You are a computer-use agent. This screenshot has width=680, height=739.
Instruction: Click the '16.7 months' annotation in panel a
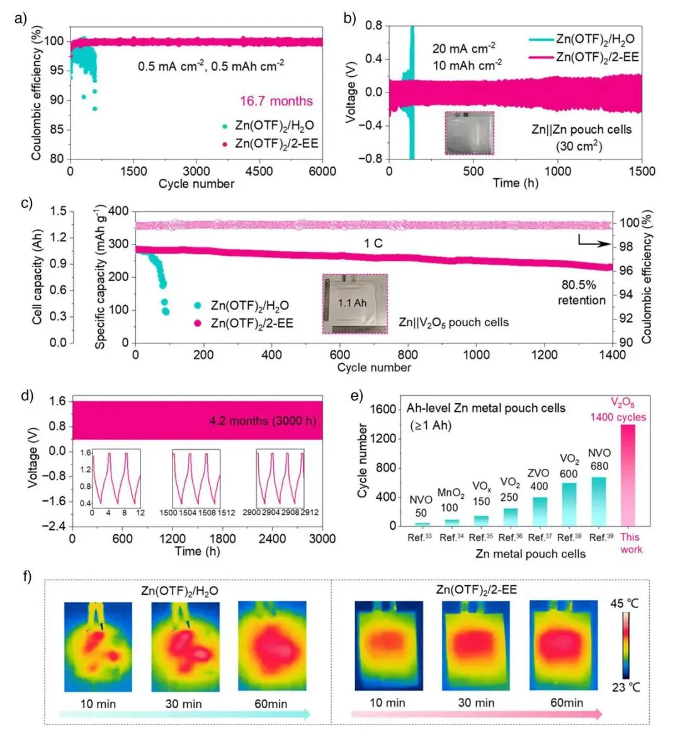point(276,101)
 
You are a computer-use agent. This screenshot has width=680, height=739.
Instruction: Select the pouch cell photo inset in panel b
point(469,133)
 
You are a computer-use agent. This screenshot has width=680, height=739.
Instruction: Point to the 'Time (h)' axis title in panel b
point(514,183)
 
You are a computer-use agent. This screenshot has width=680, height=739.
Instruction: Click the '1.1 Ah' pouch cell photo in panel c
point(354,304)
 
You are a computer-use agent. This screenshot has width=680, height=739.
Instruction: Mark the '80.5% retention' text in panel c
point(581,292)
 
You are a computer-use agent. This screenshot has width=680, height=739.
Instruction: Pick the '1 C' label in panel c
point(373,243)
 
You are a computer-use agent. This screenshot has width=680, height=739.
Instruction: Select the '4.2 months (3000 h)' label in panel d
point(263,421)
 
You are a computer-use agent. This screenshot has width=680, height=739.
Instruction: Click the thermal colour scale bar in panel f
point(625,644)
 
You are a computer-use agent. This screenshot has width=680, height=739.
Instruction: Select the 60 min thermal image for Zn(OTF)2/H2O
point(271,646)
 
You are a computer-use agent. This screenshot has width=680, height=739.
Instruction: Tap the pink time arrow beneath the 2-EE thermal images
point(476,714)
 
